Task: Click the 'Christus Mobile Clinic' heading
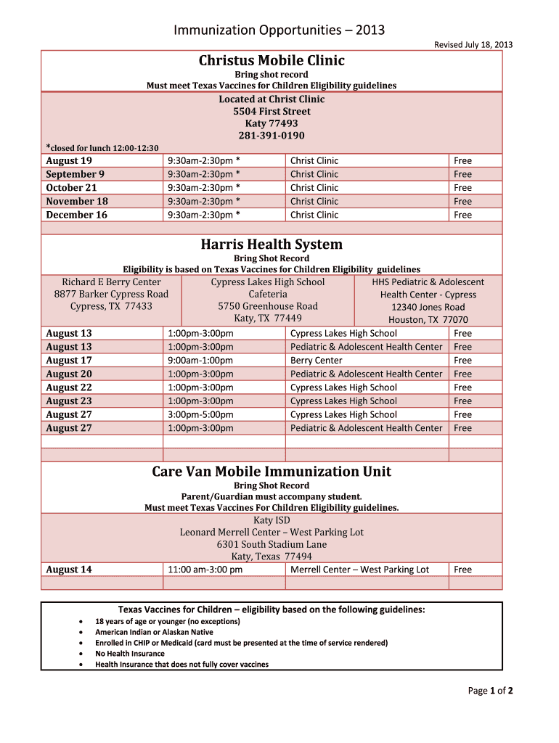(x=272, y=60)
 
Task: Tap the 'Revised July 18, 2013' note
(x=473, y=45)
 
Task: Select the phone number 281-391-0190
(x=272, y=136)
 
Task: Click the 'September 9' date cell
(x=75, y=174)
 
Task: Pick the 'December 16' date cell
(x=76, y=215)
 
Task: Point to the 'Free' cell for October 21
(x=462, y=188)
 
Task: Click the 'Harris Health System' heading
(x=272, y=245)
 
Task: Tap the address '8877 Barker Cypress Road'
(x=111, y=294)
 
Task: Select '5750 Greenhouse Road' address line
(x=268, y=306)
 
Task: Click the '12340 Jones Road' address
(x=428, y=307)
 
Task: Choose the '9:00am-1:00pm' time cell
(x=200, y=361)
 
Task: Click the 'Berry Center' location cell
(x=316, y=361)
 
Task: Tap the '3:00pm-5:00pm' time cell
(x=200, y=414)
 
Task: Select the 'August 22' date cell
(x=69, y=387)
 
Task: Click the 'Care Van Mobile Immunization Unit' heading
(x=272, y=472)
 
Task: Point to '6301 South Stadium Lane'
(x=272, y=544)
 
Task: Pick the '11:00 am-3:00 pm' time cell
(x=205, y=570)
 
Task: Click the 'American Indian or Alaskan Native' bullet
(x=154, y=632)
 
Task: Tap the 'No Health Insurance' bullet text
(x=130, y=654)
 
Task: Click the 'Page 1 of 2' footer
(x=490, y=691)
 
